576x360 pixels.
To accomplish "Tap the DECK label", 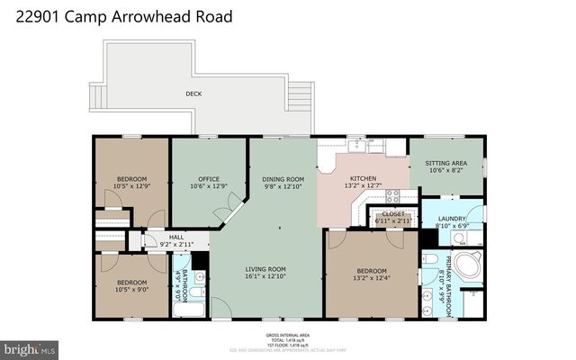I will [x=193, y=94].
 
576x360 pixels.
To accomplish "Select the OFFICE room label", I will [x=208, y=178].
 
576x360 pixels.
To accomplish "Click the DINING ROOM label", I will [x=283, y=178].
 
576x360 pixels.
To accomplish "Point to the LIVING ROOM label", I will [x=266, y=268].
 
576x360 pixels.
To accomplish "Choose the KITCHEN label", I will [x=364, y=179].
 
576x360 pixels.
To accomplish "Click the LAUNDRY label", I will [x=452, y=219].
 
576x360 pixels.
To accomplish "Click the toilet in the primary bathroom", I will [x=429, y=259].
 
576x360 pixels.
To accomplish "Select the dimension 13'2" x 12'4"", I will [x=371, y=278].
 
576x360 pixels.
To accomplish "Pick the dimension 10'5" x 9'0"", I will [x=130, y=289].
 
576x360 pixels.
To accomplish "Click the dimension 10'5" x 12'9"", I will [x=130, y=185].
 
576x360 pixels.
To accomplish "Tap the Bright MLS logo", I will [x=30, y=347].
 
